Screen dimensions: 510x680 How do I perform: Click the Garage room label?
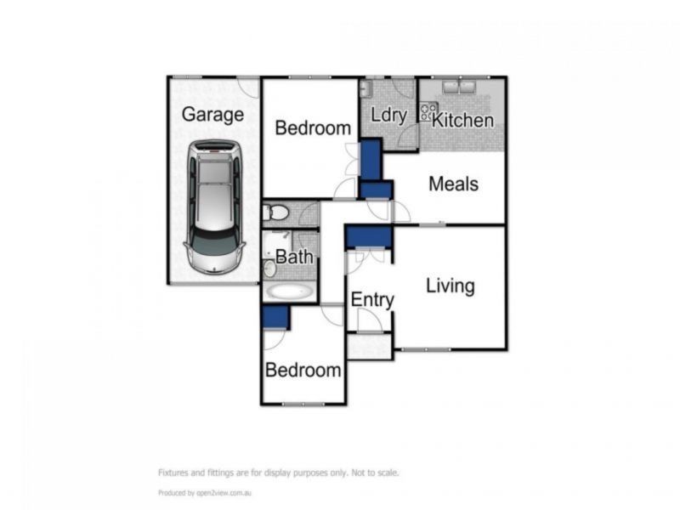tap(212, 114)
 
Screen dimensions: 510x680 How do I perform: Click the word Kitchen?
tap(462, 120)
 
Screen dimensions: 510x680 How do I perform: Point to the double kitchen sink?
tap(460, 87)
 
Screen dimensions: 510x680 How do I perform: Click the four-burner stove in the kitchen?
tap(428, 108)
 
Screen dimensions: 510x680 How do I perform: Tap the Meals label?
tap(453, 184)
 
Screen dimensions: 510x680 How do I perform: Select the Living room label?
tap(450, 286)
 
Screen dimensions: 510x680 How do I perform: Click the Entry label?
tap(372, 300)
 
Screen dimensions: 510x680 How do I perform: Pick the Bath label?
tap(294, 257)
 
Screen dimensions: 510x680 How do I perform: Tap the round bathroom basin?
tap(269, 268)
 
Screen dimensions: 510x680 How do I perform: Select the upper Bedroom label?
tap(313, 128)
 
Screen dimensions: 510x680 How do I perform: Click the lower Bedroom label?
tap(303, 371)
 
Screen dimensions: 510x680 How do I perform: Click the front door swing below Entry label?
tap(369, 321)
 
